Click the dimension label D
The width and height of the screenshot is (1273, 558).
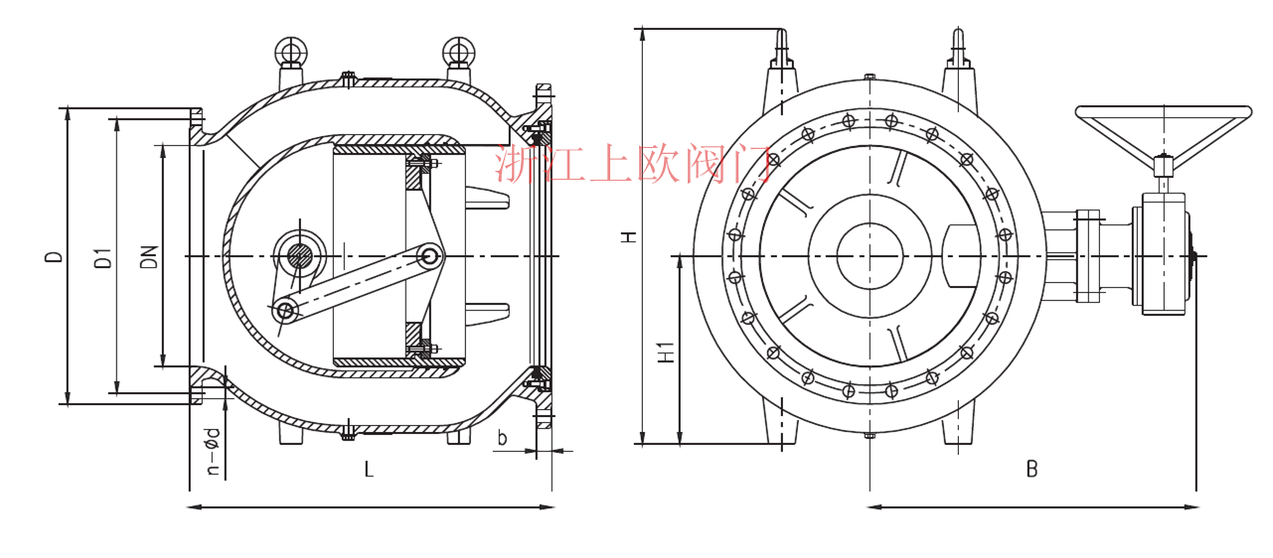point(54,256)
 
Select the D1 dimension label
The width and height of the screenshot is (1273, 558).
point(103,258)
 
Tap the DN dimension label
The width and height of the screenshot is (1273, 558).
point(149,257)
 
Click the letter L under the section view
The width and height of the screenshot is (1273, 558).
point(369,470)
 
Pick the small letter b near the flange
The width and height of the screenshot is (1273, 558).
point(502,438)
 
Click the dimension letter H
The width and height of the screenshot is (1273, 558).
point(628,236)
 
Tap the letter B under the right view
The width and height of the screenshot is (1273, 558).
point(1033,470)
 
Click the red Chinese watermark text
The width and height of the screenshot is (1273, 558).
point(634,164)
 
